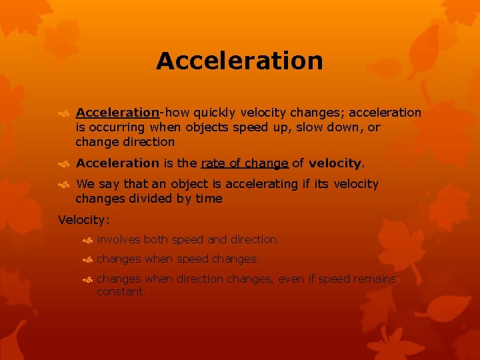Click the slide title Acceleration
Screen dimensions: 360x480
(x=239, y=61)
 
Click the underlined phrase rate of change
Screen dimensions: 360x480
(x=245, y=163)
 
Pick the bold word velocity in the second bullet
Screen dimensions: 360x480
(x=335, y=163)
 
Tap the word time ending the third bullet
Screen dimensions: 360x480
(x=208, y=199)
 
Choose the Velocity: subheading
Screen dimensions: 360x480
(x=84, y=219)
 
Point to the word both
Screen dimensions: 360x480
(x=156, y=239)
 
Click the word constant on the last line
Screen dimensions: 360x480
(x=121, y=292)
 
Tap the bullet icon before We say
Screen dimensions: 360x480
(x=65, y=185)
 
